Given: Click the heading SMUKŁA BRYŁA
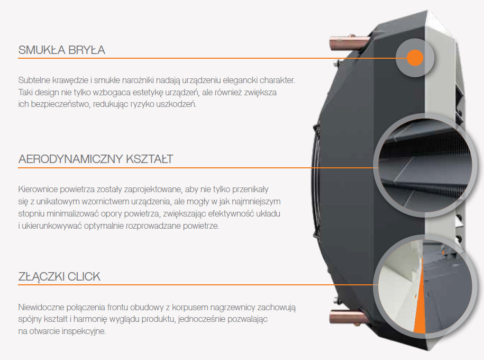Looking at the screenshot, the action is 62,50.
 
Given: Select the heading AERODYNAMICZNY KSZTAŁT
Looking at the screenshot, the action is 96,159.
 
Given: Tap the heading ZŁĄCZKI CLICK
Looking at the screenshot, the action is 59,276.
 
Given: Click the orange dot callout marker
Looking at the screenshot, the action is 415,58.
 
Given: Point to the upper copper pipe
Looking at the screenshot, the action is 349,43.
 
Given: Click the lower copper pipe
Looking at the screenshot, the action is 348,317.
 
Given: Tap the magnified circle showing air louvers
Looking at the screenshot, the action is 425,165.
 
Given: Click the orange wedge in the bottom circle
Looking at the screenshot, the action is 420,309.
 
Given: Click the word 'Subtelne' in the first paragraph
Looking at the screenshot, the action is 34,80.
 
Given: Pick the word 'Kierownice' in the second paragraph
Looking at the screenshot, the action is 38,189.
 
